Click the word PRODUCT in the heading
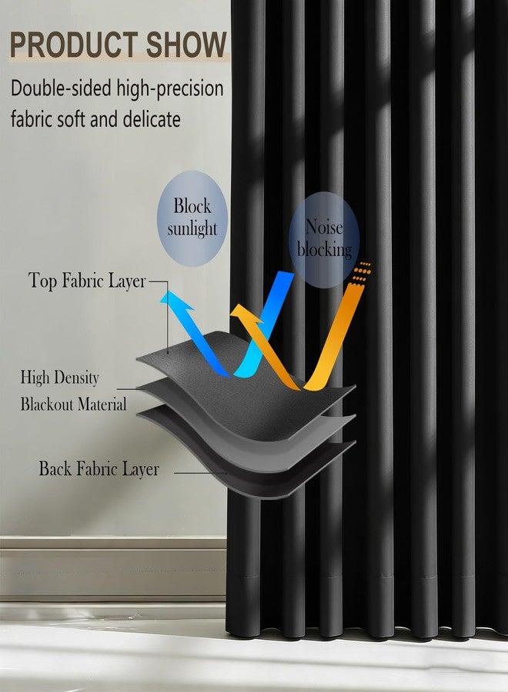coord(73,45)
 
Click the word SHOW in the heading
coord(186,45)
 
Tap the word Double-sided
coord(61,88)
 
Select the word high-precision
coord(170,89)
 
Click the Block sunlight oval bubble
coord(192,218)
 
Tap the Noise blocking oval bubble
coord(324,240)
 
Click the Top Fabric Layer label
coord(87,281)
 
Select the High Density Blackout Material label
coord(73,391)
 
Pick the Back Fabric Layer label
coord(99,469)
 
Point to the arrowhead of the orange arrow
coord(244,314)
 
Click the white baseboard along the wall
coord(113,568)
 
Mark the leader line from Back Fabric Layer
coord(201,473)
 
